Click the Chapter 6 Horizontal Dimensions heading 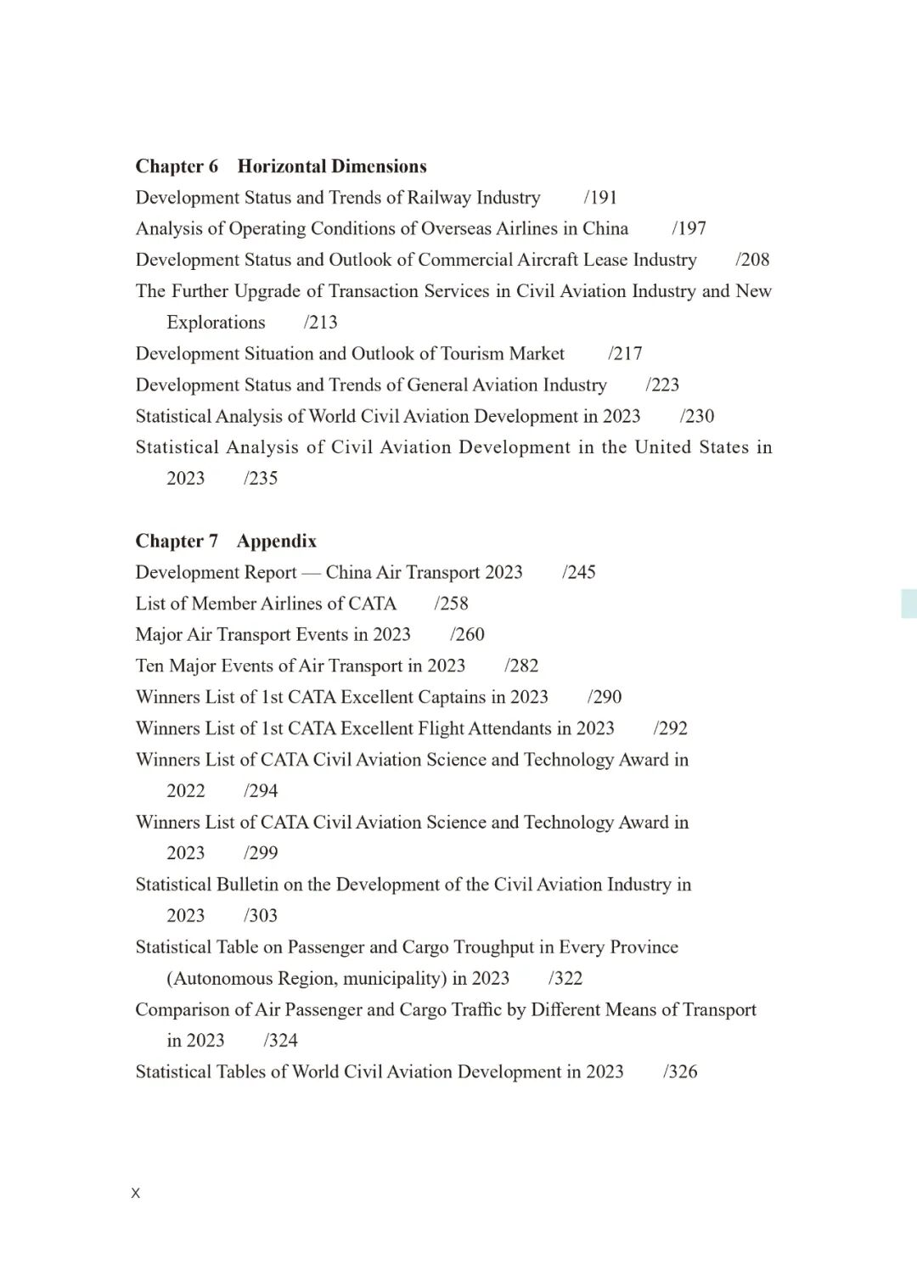click(281, 166)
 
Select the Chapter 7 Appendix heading click(226, 541)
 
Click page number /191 click(600, 198)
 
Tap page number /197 click(689, 228)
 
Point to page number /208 click(752, 260)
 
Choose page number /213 click(320, 323)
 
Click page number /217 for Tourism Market click(625, 354)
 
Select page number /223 click(662, 385)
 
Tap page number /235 click(261, 479)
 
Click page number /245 click(579, 572)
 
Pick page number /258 click(451, 604)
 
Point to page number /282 click(521, 666)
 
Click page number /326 click(680, 1072)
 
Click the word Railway click(439, 198)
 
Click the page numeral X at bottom click(136, 1194)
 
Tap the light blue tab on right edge click(909, 603)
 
